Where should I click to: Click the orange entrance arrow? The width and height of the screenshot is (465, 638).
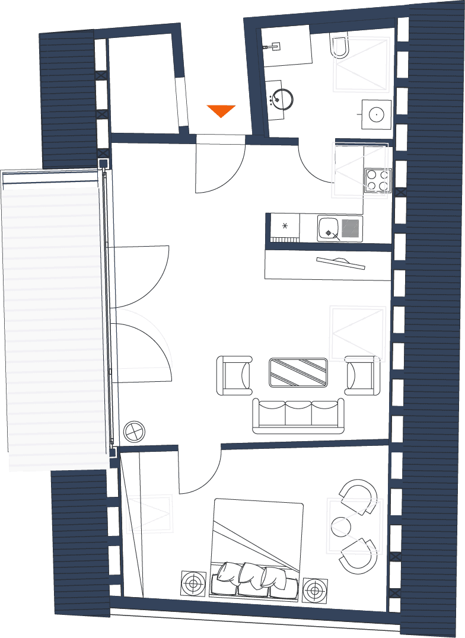221,110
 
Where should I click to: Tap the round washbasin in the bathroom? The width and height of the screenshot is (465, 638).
282,98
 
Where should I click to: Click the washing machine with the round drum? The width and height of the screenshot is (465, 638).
377,113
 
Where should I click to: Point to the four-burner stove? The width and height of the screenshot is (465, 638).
377,180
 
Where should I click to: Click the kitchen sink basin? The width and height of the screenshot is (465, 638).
328,228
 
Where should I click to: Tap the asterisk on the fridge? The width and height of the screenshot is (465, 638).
285,226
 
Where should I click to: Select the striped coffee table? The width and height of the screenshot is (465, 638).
298,372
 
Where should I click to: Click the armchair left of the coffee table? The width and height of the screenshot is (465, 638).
234,375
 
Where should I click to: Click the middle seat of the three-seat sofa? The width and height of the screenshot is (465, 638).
298,413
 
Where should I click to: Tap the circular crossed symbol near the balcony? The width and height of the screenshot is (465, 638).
135,431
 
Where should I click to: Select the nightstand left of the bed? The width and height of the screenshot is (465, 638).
193,583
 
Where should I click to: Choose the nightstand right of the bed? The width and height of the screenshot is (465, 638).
314,590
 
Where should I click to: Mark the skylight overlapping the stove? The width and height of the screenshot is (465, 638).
359,170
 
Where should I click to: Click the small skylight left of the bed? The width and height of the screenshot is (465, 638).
149,513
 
